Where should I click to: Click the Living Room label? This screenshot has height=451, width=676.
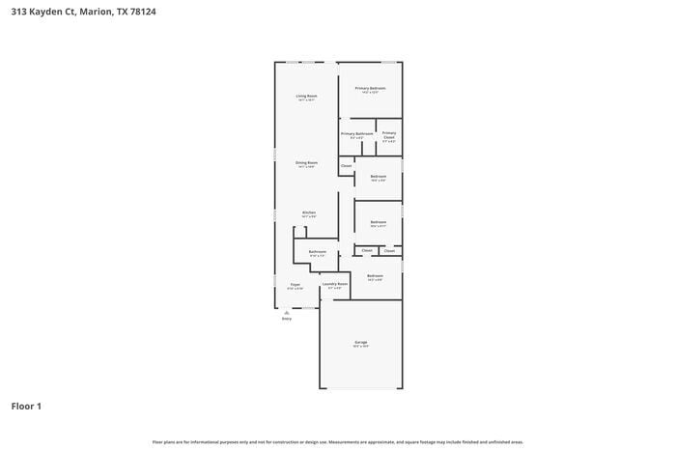(x=306, y=96)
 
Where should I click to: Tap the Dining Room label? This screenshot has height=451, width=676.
(x=306, y=163)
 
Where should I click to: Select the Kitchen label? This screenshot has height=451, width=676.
(x=309, y=212)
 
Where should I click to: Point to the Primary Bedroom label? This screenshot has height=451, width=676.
(x=370, y=88)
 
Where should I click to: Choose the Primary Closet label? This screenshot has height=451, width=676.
(x=388, y=135)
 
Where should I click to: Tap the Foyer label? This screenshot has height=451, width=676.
(x=296, y=285)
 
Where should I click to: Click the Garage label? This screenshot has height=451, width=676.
(x=360, y=342)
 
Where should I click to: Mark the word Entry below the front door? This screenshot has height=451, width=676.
(x=286, y=319)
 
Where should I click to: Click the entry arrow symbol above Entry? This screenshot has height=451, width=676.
(x=286, y=312)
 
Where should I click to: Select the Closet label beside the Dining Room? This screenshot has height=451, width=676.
(x=346, y=166)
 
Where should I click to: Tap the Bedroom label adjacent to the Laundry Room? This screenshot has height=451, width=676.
(x=375, y=276)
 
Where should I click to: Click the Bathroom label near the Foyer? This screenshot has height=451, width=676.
(x=317, y=252)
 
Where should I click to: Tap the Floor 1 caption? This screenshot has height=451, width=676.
(x=26, y=406)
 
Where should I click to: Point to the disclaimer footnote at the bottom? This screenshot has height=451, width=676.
(x=337, y=441)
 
